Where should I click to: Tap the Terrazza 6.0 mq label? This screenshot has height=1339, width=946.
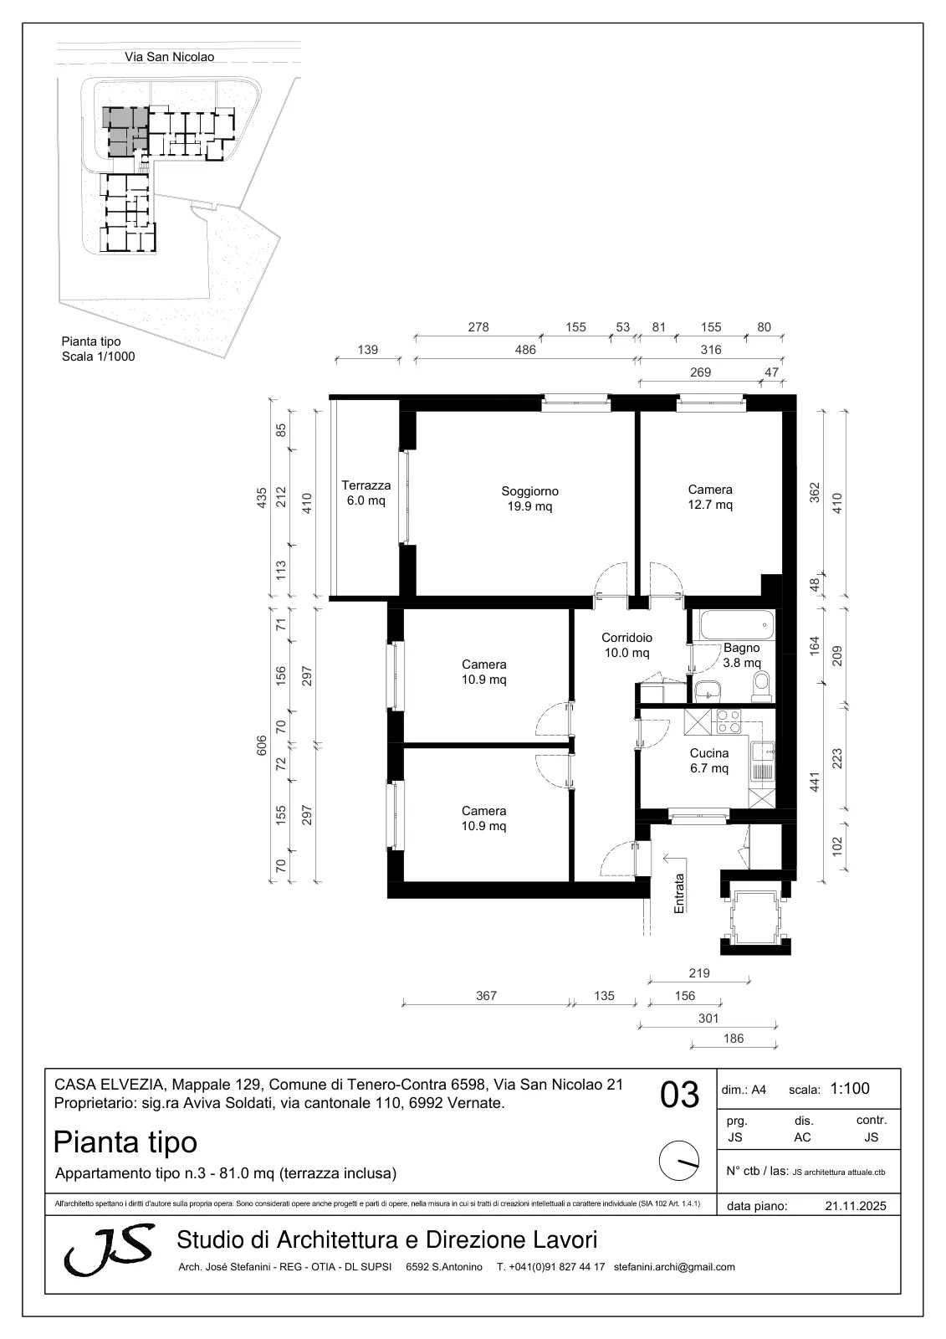pos(366,493)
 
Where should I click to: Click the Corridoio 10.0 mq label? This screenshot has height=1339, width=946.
pos(626,645)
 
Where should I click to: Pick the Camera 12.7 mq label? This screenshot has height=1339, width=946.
pos(710,497)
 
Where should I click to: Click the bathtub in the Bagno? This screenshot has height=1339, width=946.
pos(736,624)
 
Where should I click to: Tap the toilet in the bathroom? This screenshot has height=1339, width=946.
pos(762,686)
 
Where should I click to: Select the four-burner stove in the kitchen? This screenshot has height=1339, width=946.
pos(729,721)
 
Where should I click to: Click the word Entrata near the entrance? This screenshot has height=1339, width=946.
pos(679,893)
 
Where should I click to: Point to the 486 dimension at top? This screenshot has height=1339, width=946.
pos(525,350)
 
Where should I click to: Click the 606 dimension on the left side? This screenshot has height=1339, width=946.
pos(262,745)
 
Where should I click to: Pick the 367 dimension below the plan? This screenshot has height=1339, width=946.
pos(487,995)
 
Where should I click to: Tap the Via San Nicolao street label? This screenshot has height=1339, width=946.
pos(169,57)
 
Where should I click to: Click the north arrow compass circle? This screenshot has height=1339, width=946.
pos(679,1160)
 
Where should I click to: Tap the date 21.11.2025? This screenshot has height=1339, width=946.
pos(856,1206)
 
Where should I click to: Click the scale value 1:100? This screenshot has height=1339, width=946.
pos(850,1089)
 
